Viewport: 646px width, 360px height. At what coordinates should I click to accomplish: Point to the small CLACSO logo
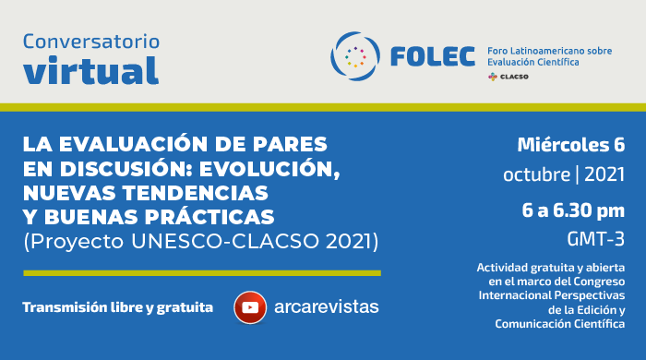(x=508, y=78)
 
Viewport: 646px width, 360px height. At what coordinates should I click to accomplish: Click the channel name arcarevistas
(x=326, y=306)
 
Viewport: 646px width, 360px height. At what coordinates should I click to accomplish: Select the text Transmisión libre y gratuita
(x=117, y=306)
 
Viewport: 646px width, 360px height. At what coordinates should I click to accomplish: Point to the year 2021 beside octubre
(x=604, y=174)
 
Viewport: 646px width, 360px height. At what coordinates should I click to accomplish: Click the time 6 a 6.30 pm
(x=572, y=210)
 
